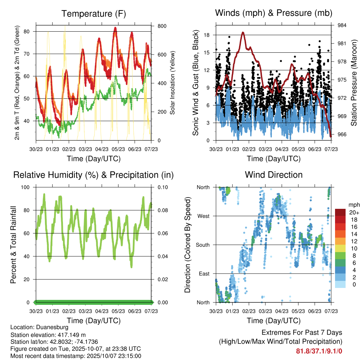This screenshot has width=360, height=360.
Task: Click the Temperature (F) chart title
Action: tap(93, 14)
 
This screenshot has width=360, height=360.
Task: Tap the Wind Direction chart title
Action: tap(274, 175)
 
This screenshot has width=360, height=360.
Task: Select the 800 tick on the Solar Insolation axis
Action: tap(162, 26)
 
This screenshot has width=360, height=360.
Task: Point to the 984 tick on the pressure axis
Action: tap(342, 25)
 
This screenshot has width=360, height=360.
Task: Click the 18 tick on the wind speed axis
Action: tap(207, 35)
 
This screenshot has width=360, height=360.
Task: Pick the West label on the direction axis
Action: tap(203, 216)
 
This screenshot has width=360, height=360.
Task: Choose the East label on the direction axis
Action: tap(204, 274)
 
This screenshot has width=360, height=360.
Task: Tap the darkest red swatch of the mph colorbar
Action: tap(340, 212)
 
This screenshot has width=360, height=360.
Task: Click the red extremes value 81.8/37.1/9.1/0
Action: tap(319, 351)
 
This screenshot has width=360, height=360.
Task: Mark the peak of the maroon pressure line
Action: tap(243, 32)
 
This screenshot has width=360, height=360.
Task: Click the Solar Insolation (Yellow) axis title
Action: tap(173, 83)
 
